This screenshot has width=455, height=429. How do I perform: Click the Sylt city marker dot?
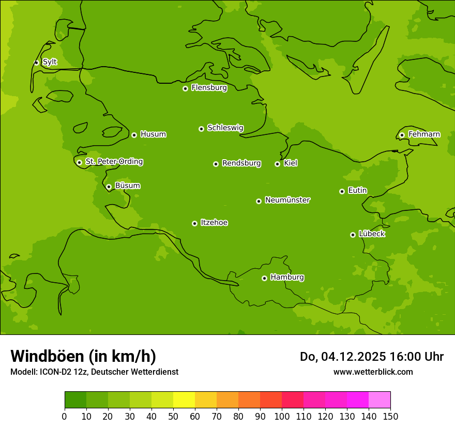click(36, 63)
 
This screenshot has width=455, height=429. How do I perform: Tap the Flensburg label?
click(209, 88)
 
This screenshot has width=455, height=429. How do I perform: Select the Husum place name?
click(153, 134)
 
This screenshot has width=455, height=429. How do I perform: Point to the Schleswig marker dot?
click(201, 129)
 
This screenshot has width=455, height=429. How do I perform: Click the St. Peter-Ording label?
click(114, 162)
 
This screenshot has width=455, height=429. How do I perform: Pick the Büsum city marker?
click(109, 187)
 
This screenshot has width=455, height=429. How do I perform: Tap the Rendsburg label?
click(241, 163)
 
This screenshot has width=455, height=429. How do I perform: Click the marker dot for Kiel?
click(277, 164)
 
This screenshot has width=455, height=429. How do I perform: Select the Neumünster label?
click(287, 200)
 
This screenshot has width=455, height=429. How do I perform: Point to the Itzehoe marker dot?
click(194, 223)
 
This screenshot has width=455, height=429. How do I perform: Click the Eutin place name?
click(357, 191)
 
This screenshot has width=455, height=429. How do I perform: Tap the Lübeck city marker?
click(353, 235)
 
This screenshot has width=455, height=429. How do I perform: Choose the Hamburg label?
click(287, 278)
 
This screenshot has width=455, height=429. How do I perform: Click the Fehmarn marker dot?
click(402, 135)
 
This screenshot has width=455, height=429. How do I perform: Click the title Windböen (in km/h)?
click(83, 356)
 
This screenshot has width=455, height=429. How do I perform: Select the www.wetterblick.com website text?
click(373, 372)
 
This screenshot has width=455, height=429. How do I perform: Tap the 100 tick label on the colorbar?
click(282, 416)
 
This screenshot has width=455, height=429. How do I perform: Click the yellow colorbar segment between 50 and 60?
click(184, 400)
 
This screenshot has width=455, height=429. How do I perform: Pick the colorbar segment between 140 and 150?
click(380, 400)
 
